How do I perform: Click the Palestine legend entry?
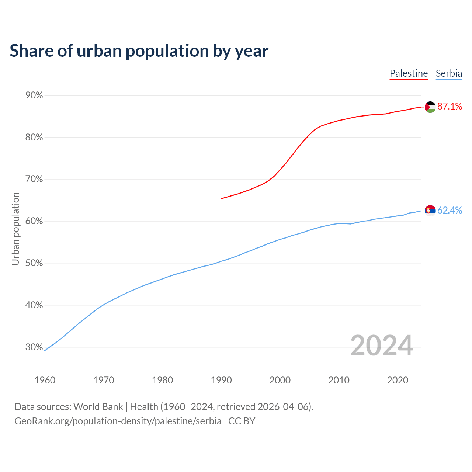409,73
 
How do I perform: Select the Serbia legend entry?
449,73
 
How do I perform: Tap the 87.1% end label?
450,107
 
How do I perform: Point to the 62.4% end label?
450,210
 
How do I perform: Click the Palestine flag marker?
430,107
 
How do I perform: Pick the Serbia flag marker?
430,211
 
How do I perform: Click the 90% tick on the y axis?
34,96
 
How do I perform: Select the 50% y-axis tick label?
34,263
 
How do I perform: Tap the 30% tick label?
34,347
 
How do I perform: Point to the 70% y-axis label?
34,179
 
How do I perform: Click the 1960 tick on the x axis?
45,380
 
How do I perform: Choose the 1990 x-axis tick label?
221,380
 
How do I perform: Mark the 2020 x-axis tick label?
398,380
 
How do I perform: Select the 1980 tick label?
163,380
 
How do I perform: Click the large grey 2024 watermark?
382,346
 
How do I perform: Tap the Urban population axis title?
15,229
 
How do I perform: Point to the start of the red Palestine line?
222,198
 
